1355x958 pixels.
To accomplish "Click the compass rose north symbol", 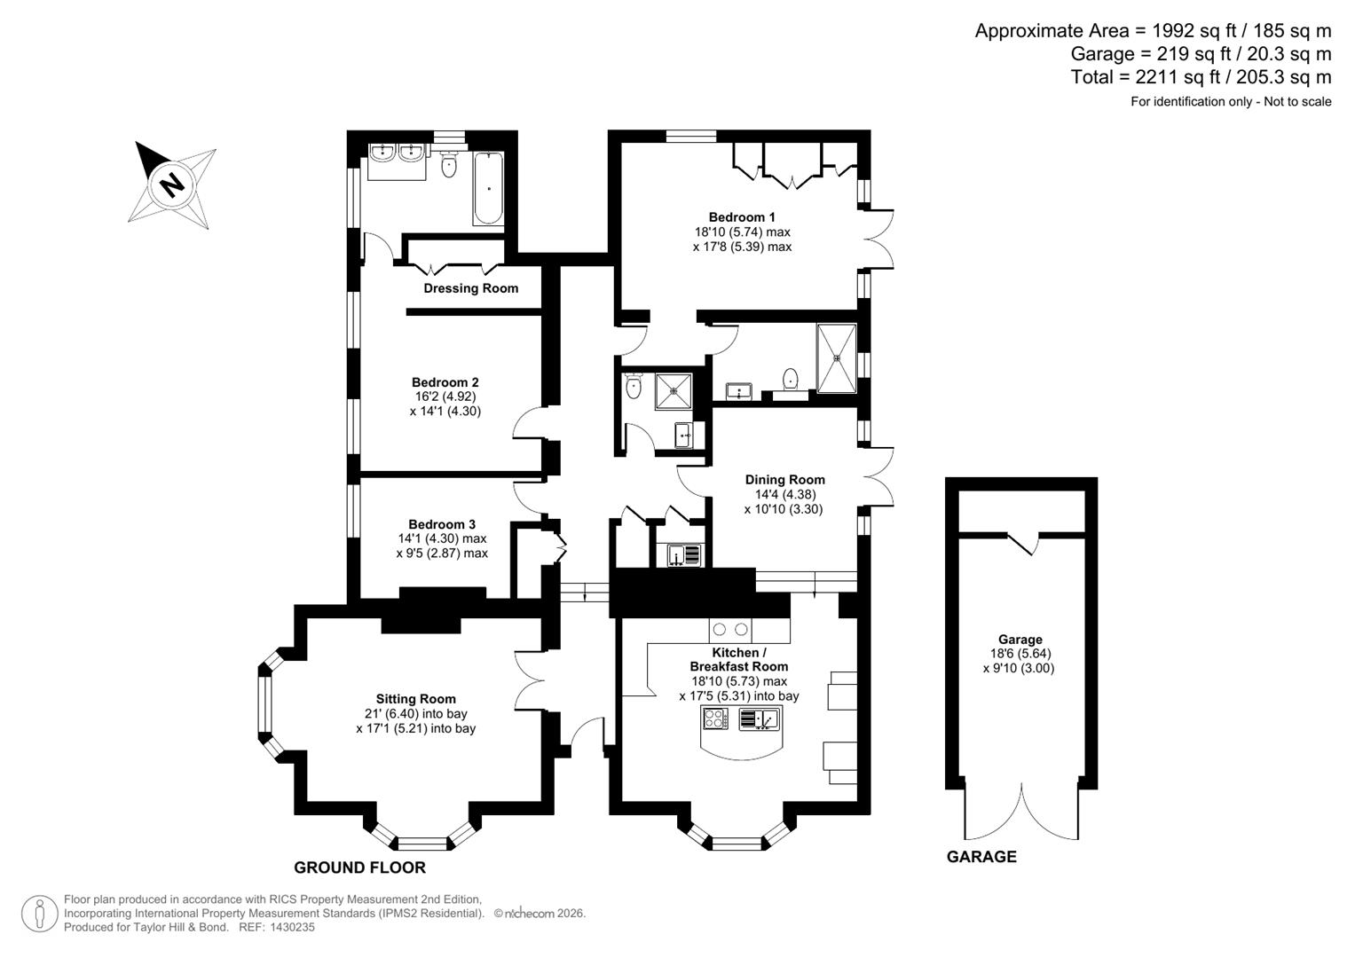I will [172, 185].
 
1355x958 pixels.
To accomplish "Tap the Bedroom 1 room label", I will [742, 217].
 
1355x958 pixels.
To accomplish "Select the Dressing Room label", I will [470, 288].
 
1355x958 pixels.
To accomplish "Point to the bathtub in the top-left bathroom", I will [488, 189].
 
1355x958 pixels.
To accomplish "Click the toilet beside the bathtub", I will [448, 163].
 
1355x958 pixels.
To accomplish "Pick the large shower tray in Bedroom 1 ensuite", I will [836, 358].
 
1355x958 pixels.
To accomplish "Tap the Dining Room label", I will [784, 480].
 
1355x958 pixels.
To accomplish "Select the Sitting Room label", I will [415, 699].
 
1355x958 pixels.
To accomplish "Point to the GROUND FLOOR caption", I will [359, 868].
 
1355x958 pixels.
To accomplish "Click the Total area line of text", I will [1201, 77].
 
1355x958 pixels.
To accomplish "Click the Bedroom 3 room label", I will [442, 524].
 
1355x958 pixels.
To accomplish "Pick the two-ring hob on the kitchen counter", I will [729, 631].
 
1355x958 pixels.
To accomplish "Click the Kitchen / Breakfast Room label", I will [738, 659].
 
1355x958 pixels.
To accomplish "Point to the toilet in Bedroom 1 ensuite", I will [790, 380].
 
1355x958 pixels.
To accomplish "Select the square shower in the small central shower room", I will [674, 391].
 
